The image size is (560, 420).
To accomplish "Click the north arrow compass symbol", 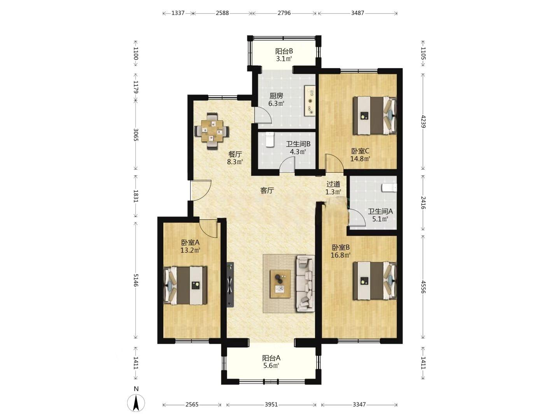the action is (136, 402).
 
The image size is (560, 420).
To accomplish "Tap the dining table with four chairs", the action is (212, 131).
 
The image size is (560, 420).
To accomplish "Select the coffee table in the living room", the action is (280, 284).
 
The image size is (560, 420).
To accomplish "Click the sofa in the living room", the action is (305, 284).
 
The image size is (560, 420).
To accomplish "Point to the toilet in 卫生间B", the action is (269, 140).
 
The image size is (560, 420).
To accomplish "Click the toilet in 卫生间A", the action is (389, 188).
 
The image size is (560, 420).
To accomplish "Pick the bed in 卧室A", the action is (185, 285).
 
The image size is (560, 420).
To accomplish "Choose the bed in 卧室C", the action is (374, 115).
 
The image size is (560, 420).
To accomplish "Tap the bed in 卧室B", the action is (374, 281).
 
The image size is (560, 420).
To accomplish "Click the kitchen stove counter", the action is (310, 101).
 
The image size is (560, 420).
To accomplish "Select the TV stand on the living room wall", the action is (230, 285).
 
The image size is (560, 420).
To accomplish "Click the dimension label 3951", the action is (271, 404).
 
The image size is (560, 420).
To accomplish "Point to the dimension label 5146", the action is (136, 280).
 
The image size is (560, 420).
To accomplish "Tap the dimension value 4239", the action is (423, 121).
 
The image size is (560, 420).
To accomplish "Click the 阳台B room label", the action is (284, 51).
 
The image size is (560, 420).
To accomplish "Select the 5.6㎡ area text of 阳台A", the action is (271, 366).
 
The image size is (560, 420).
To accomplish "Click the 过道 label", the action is (333, 184).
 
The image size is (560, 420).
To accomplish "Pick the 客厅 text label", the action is (267, 191).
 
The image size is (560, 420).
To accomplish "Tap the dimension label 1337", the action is (178, 13).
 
